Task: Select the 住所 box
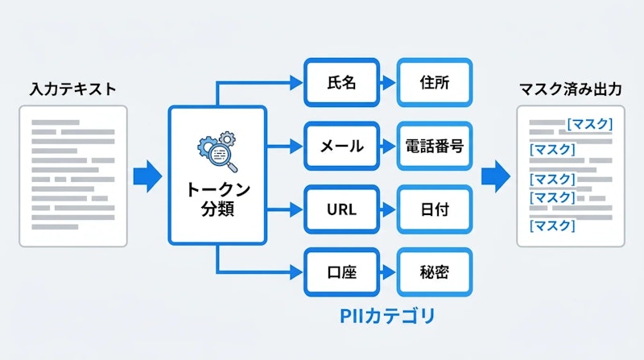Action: [434, 82]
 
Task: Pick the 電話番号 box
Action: [434, 147]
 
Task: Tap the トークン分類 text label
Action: [217, 198]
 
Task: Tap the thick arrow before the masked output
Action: [495, 173]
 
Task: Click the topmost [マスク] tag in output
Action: [589, 124]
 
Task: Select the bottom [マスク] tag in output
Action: [552, 226]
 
